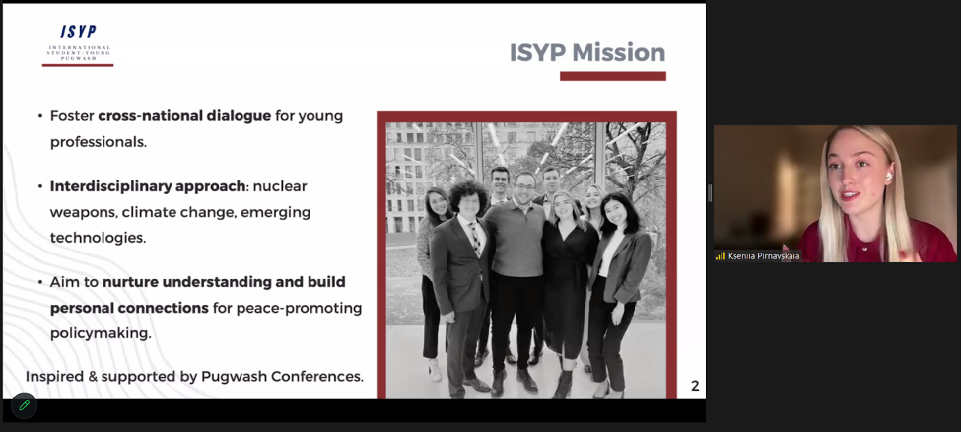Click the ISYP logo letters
point(78,32)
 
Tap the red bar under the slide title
point(613,76)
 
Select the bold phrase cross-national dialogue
point(184,115)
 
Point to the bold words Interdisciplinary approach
point(148,186)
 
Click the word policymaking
point(101,333)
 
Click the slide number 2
point(695,386)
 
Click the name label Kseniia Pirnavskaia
point(763,256)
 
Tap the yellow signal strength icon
point(721,256)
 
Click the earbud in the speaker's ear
point(887,177)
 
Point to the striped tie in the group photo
point(475,240)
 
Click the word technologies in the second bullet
point(98,238)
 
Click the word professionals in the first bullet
point(99,141)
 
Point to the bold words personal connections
point(129,308)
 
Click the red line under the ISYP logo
point(78,65)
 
